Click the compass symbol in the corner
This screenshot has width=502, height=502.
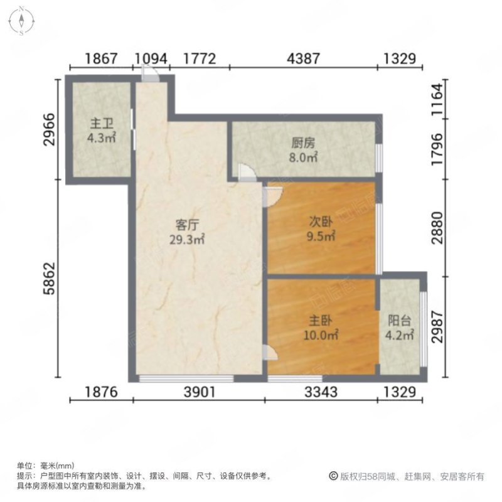tap(21, 21)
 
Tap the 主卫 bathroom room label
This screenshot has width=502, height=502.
tap(102, 123)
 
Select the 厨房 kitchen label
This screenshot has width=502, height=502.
tap(303, 143)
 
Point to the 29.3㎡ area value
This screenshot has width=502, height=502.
tap(187, 240)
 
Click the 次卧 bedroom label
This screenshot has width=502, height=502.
tap(321, 222)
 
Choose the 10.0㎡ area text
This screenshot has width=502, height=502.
tap(321, 335)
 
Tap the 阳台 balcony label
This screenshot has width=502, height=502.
tap(399, 321)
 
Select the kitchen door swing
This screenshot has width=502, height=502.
tap(247, 173)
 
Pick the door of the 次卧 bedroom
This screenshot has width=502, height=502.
tap(272, 196)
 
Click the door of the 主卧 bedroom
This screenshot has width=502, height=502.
tap(270, 352)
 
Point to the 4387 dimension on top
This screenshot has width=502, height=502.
tap(303, 58)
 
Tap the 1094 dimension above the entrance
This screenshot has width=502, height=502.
tap(151, 58)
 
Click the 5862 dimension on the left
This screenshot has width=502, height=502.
tap(50, 278)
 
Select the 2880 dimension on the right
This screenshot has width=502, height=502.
tap(437, 228)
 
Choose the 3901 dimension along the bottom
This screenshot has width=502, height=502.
tap(199, 392)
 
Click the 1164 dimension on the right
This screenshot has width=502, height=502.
tap(437, 99)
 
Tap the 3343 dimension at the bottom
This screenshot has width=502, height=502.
tap(321, 392)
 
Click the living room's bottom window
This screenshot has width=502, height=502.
tap(186, 378)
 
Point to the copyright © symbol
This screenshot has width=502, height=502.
tap(334, 476)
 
